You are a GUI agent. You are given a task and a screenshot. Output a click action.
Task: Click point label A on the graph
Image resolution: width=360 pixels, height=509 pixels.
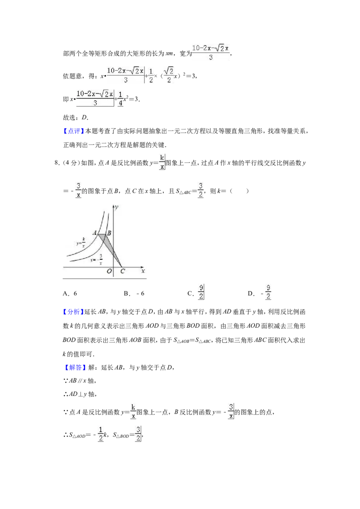pyautogui.click(x=95, y=232)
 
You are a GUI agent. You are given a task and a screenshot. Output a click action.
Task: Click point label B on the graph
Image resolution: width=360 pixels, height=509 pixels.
pyautogui.click(x=109, y=233)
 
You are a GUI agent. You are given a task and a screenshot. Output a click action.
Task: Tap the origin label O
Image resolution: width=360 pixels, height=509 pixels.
pyautogui.click(x=109, y=271)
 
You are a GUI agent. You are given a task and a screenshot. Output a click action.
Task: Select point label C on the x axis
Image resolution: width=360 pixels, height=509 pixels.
pyautogui.click(x=122, y=271)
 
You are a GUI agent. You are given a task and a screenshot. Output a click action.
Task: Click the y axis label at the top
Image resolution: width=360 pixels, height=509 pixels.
pyautogui.click(x=116, y=207)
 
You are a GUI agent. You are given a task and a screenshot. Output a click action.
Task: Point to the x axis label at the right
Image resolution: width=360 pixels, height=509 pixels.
pyautogui.click(x=143, y=271)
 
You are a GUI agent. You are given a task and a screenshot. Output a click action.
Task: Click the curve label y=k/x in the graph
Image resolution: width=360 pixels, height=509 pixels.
pyautogui.click(x=81, y=243)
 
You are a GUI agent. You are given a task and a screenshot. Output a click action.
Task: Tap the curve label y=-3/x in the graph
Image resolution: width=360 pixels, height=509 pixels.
pyautogui.click(x=96, y=259)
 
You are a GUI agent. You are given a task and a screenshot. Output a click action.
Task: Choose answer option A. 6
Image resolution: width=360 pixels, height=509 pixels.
pyautogui.click(x=70, y=294)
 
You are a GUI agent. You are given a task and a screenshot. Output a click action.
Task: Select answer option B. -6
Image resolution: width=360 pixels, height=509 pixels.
pyautogui.click(x=134, y=294)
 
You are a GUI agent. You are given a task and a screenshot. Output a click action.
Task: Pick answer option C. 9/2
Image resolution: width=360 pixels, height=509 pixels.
pyautogui.click(x=196, y=292)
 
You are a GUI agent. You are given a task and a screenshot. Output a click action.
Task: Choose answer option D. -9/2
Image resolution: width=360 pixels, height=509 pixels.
pyautogui.click(x=259, y=292)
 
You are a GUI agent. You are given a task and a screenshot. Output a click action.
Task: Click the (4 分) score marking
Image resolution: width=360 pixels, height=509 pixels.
pyautogui.click(x=71, y=163)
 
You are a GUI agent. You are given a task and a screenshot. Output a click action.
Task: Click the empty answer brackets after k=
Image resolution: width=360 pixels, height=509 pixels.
pyautogui.click(x=239, y=191)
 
